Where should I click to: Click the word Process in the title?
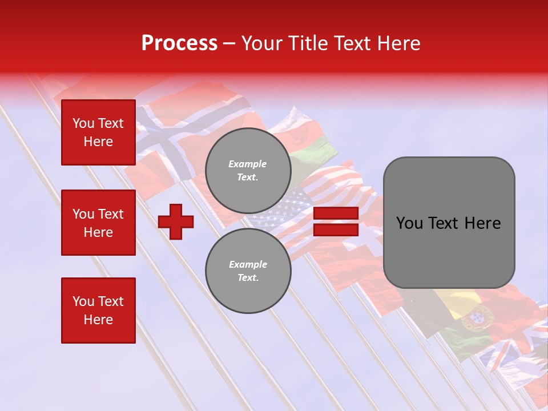179,43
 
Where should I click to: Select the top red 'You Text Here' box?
98,132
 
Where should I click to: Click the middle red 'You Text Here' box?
98,223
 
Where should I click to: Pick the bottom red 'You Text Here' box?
98,311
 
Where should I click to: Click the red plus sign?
176,221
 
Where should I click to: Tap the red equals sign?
336,221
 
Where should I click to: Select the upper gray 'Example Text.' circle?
248,170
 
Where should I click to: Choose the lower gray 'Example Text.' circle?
248,271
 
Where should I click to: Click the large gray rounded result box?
449,223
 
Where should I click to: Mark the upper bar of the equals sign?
336,213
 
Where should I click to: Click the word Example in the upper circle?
248,164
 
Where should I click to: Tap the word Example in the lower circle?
248,264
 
